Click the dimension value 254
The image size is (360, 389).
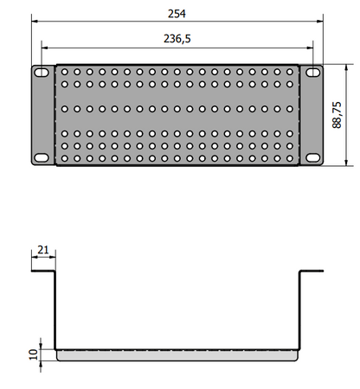click(177, 12)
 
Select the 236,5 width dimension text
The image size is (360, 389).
click(177, 38)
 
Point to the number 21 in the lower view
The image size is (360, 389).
click(43, 252)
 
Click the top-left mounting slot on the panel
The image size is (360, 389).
click(41, 73)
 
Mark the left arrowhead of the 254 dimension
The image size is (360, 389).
click(35, 22)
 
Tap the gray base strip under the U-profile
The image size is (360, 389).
click(177, 354)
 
